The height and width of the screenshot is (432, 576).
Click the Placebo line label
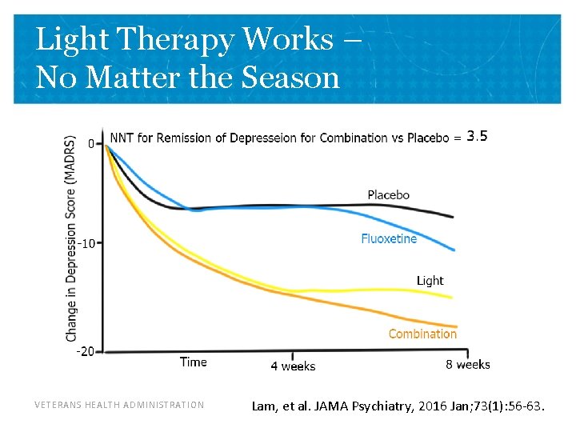388,194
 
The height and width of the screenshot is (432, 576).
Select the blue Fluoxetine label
389,238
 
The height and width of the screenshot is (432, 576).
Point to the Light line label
430,280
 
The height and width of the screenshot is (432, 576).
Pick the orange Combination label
422,334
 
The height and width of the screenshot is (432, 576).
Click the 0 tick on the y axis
91,144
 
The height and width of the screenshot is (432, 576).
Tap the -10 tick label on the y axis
86,242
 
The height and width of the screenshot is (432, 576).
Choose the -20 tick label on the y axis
85,350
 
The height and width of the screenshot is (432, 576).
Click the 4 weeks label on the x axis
293,366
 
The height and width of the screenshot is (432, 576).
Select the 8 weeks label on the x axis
468,365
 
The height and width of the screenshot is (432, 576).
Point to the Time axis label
194,362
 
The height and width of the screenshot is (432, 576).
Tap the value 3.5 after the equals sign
477,136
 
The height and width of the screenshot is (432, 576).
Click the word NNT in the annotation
122,138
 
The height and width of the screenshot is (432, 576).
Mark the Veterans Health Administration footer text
119,405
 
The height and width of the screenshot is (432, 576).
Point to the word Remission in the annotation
185,138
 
